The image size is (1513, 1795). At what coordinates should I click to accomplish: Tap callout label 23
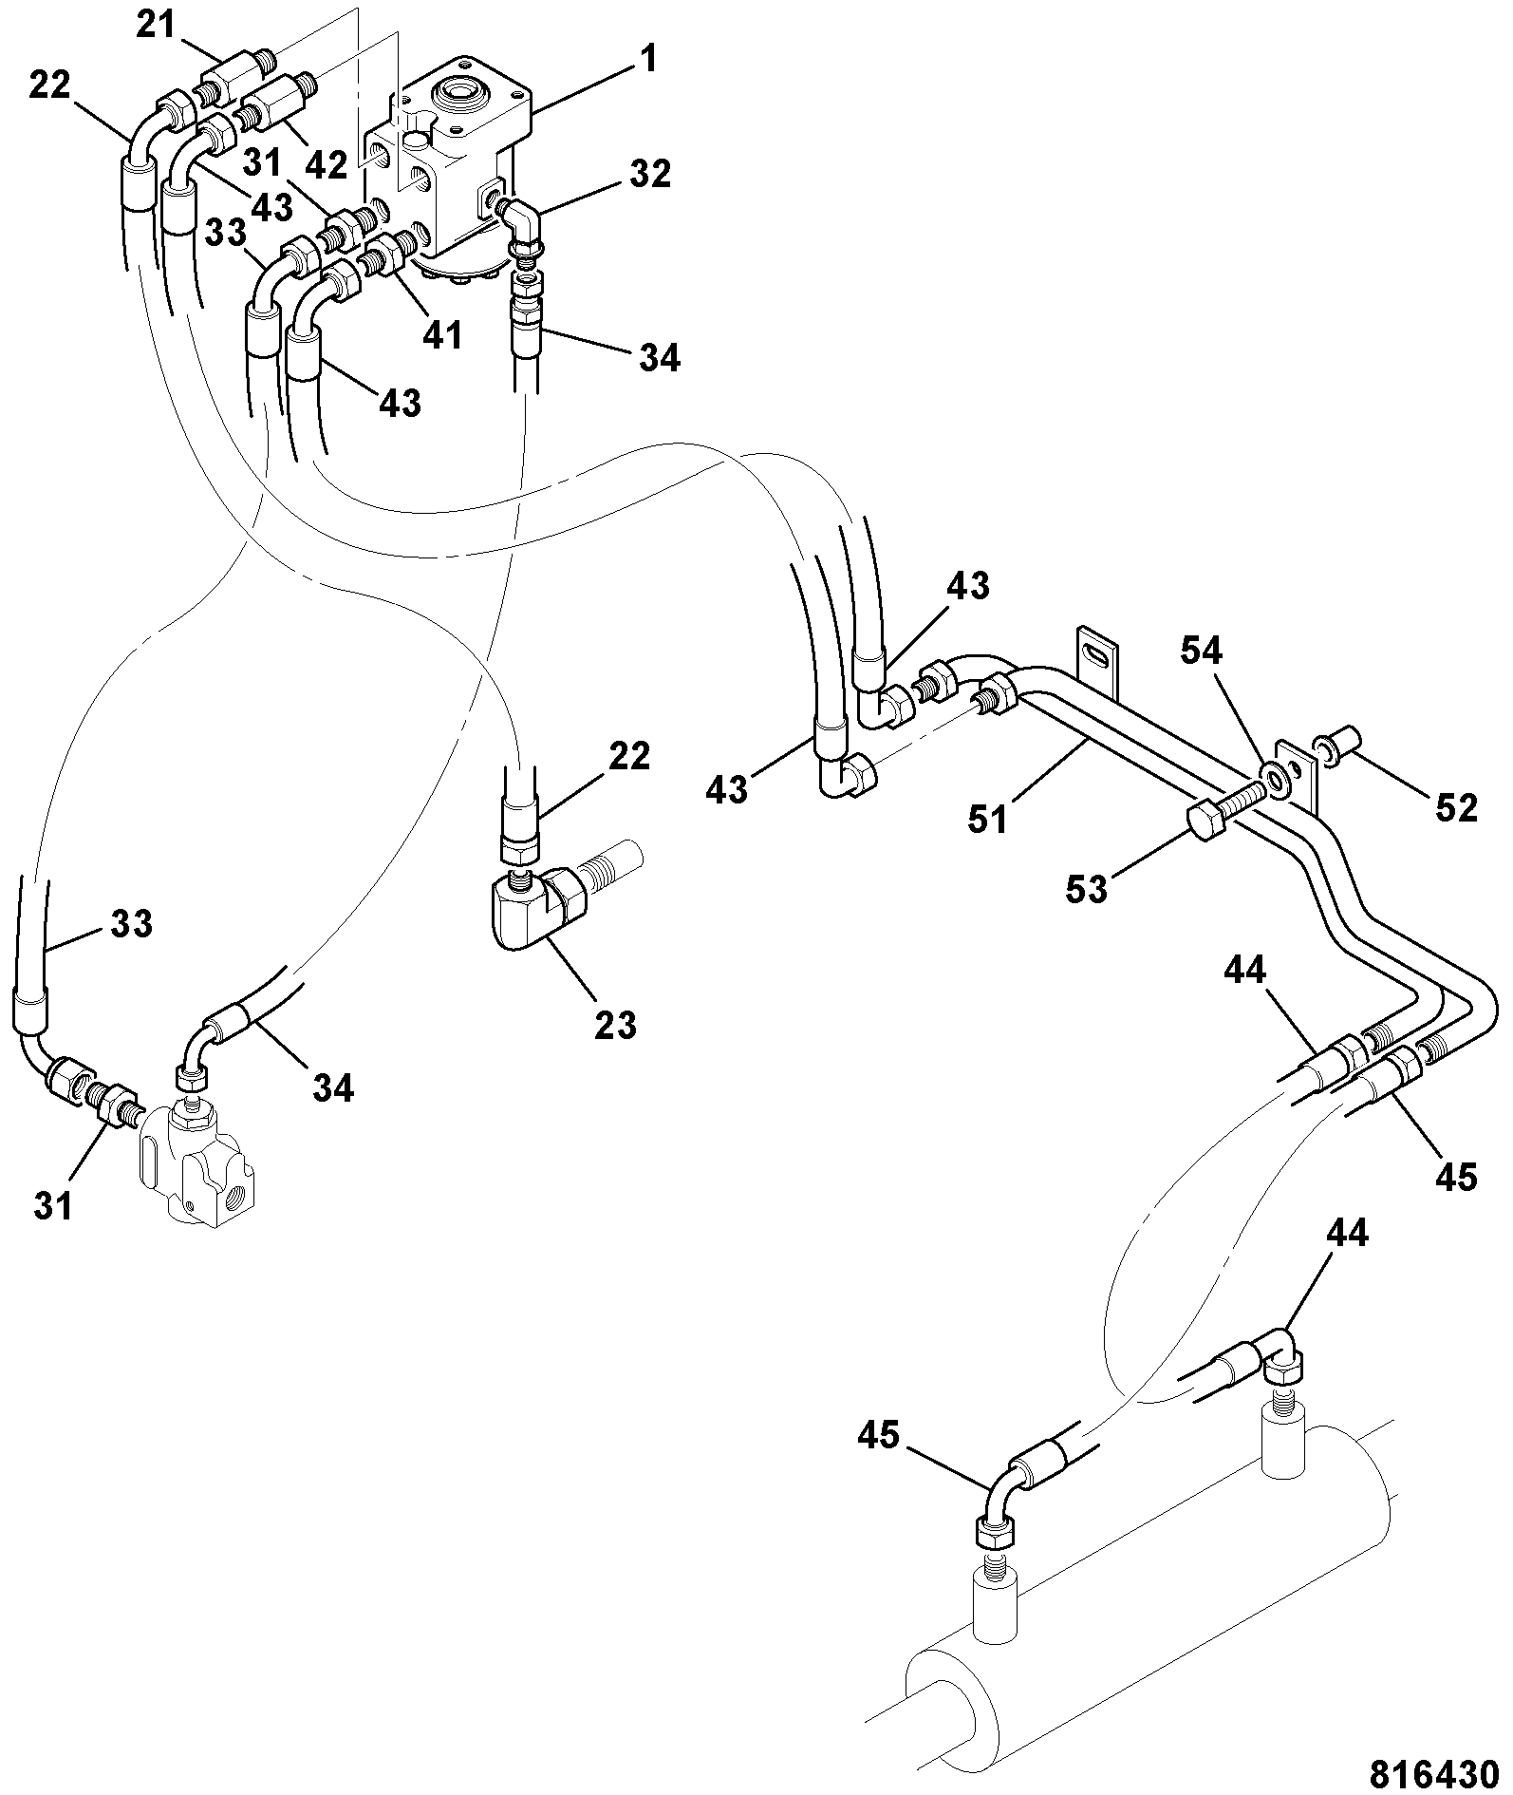point(615,1024)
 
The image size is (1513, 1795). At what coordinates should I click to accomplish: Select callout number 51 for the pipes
point(988,819)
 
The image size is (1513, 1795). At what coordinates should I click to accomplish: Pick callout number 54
point(1201,651)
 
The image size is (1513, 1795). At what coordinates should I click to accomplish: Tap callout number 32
point(649,174)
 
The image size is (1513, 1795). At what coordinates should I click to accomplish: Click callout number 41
point(442,334)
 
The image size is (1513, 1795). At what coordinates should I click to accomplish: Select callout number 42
point(327,165)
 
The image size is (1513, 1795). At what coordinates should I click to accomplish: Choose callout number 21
point(156,26)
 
